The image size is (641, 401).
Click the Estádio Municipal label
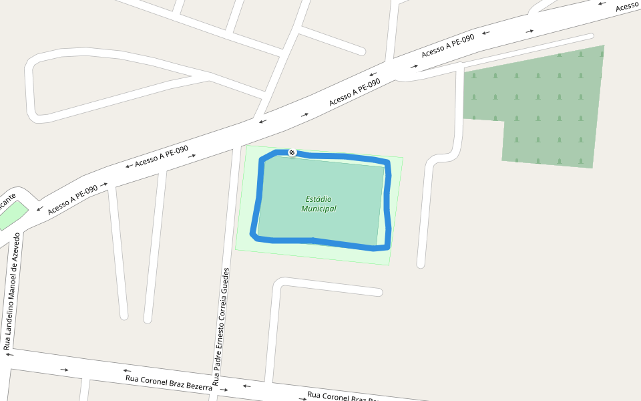(x=318, y=204)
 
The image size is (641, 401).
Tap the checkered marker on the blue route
(x=292, y=153)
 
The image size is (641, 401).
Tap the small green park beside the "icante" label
(x=12, y=215)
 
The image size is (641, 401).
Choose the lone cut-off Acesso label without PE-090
(x=628, y=6)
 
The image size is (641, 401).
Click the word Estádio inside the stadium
(x=318, y=199)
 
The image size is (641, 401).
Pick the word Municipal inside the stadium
(x=318, y=209)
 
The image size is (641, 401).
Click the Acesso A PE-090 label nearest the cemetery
(x=448, y=45)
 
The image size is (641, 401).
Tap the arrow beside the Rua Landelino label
(x=9, y=355)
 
